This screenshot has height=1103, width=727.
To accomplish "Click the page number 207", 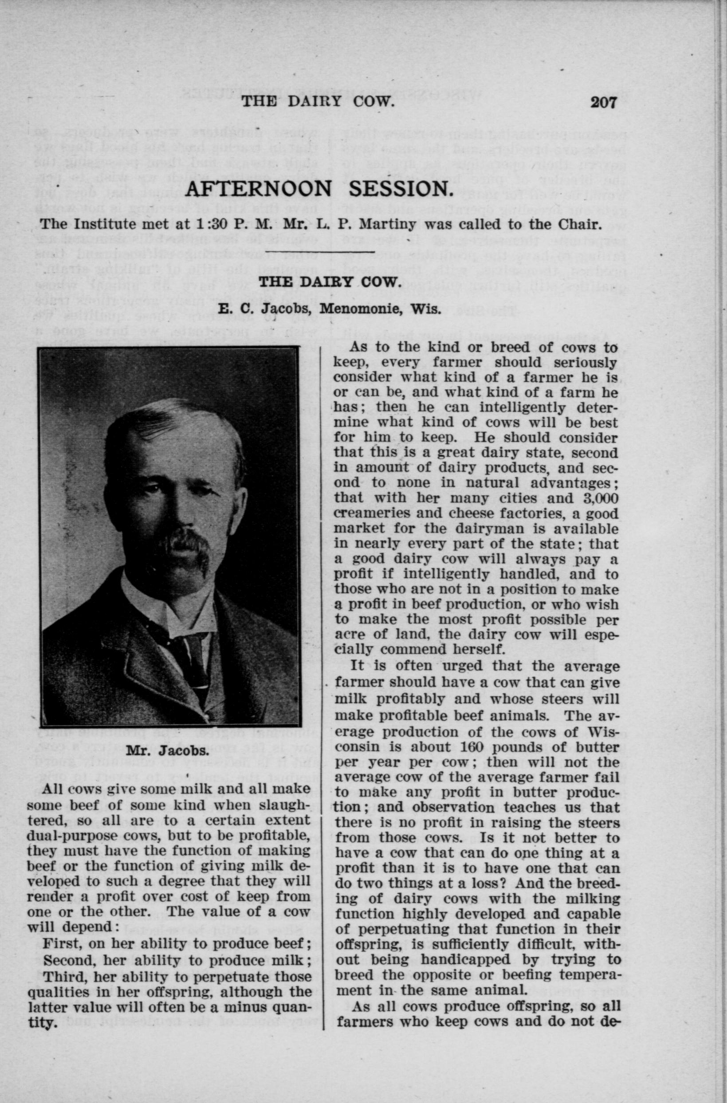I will tap(604, 102).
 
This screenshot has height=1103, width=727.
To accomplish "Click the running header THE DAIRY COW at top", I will tap(318, 102).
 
